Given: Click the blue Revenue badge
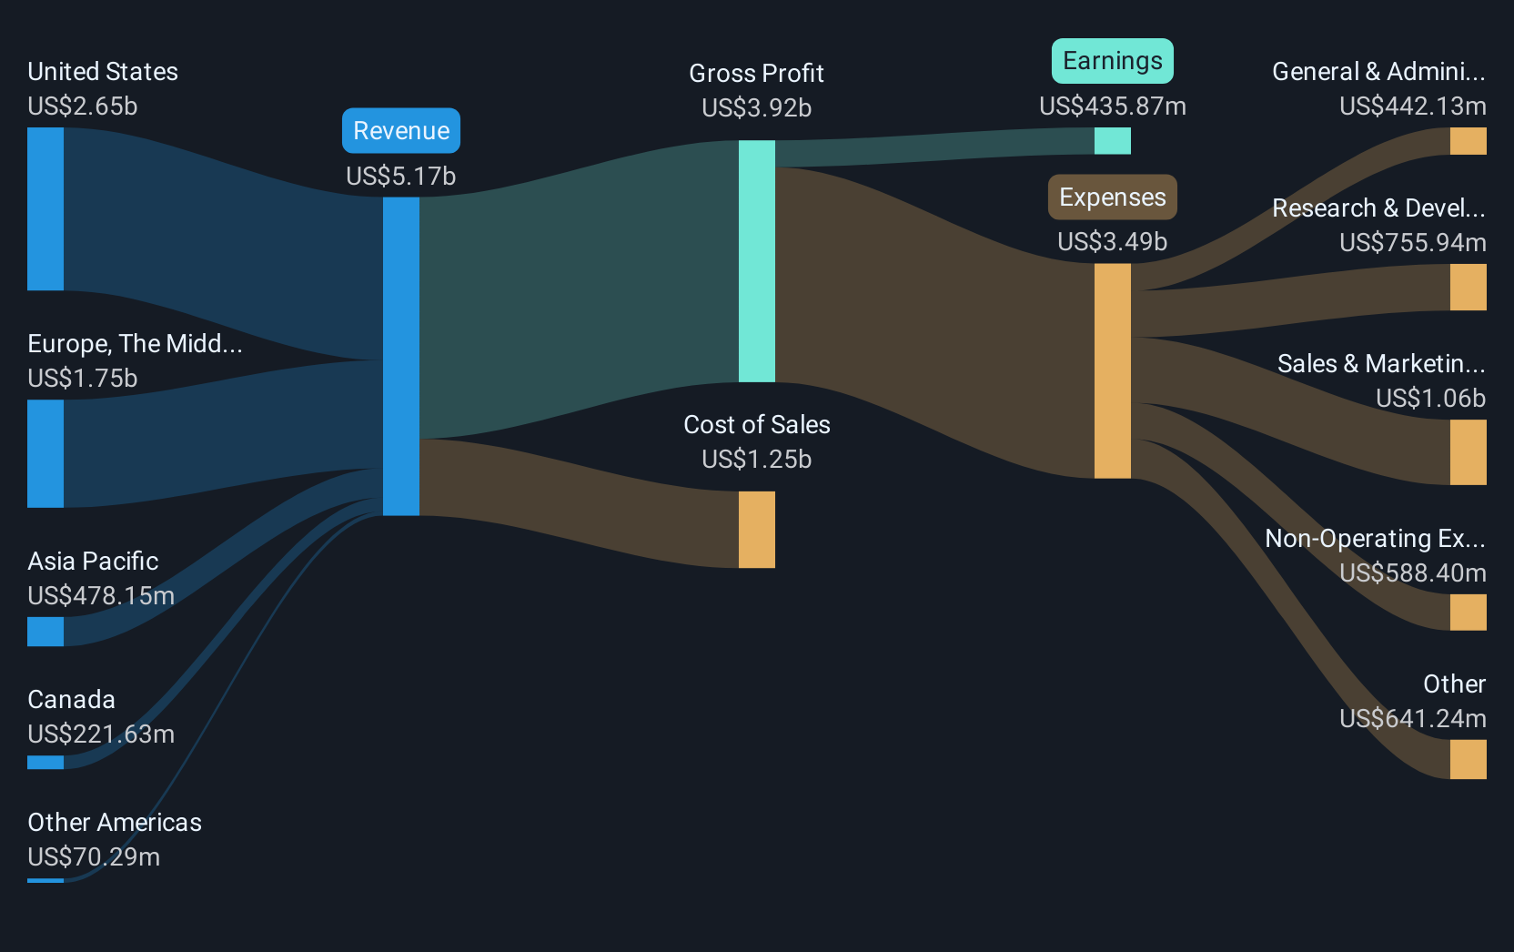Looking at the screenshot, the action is coord(401,130).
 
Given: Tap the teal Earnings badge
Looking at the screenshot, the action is coord(1113,61).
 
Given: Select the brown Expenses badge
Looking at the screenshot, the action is coord(1113,197).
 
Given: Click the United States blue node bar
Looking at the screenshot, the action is coord(45,209).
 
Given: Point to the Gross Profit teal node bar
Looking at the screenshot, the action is coord(757,261).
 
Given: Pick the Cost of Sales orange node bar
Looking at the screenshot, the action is coord(757,530).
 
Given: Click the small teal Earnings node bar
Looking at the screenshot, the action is coord(1113,141).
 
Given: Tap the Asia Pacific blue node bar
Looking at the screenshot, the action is coord(45,632).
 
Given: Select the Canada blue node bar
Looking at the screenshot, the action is coord(45,763).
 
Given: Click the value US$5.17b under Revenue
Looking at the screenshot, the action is coord(401,176).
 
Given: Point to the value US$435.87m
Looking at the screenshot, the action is coord(1113,106).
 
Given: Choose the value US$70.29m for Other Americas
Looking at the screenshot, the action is coord(94,856).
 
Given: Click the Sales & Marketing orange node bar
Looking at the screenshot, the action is coord(1468,452).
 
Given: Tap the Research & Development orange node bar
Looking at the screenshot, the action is coord(1468,288).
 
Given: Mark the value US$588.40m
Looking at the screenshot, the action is coord(1413,572).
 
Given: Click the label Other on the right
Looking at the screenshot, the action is coord(1455,684).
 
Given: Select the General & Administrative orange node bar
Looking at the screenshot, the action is coord(1468,141).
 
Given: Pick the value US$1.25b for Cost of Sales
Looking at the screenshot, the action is coord(757,459).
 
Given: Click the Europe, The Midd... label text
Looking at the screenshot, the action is coord(135,343).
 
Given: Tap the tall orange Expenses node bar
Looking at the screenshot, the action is coord(1113,371).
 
